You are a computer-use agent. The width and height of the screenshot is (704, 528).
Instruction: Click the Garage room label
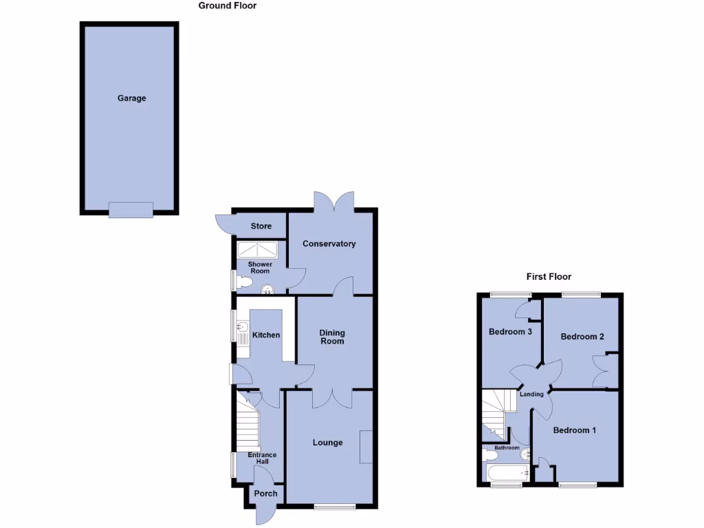131,98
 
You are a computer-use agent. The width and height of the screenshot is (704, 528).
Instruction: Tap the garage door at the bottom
131,210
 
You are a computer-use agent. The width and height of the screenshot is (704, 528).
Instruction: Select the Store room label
261,226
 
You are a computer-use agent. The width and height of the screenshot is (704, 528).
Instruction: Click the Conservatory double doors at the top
333,201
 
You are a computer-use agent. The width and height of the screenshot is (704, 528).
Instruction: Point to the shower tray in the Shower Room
258,250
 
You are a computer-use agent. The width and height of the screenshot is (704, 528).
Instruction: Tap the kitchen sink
241,327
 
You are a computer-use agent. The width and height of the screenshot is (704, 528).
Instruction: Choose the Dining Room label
332,337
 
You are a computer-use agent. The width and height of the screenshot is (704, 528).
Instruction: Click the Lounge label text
327,442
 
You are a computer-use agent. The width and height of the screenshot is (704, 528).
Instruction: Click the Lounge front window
335,507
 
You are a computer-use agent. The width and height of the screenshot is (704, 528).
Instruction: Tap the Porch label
265,494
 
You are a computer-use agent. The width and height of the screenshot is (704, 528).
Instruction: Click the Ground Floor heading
227,5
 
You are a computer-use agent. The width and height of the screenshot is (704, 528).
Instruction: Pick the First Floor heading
549,277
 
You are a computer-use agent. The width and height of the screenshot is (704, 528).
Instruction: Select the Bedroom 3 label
510,332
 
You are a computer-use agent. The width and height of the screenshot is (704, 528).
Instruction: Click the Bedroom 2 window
581,295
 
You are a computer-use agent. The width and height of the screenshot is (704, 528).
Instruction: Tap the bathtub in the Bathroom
507,473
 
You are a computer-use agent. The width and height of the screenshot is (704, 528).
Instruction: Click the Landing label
531,394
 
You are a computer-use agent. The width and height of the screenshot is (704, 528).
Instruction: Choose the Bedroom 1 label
575,430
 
